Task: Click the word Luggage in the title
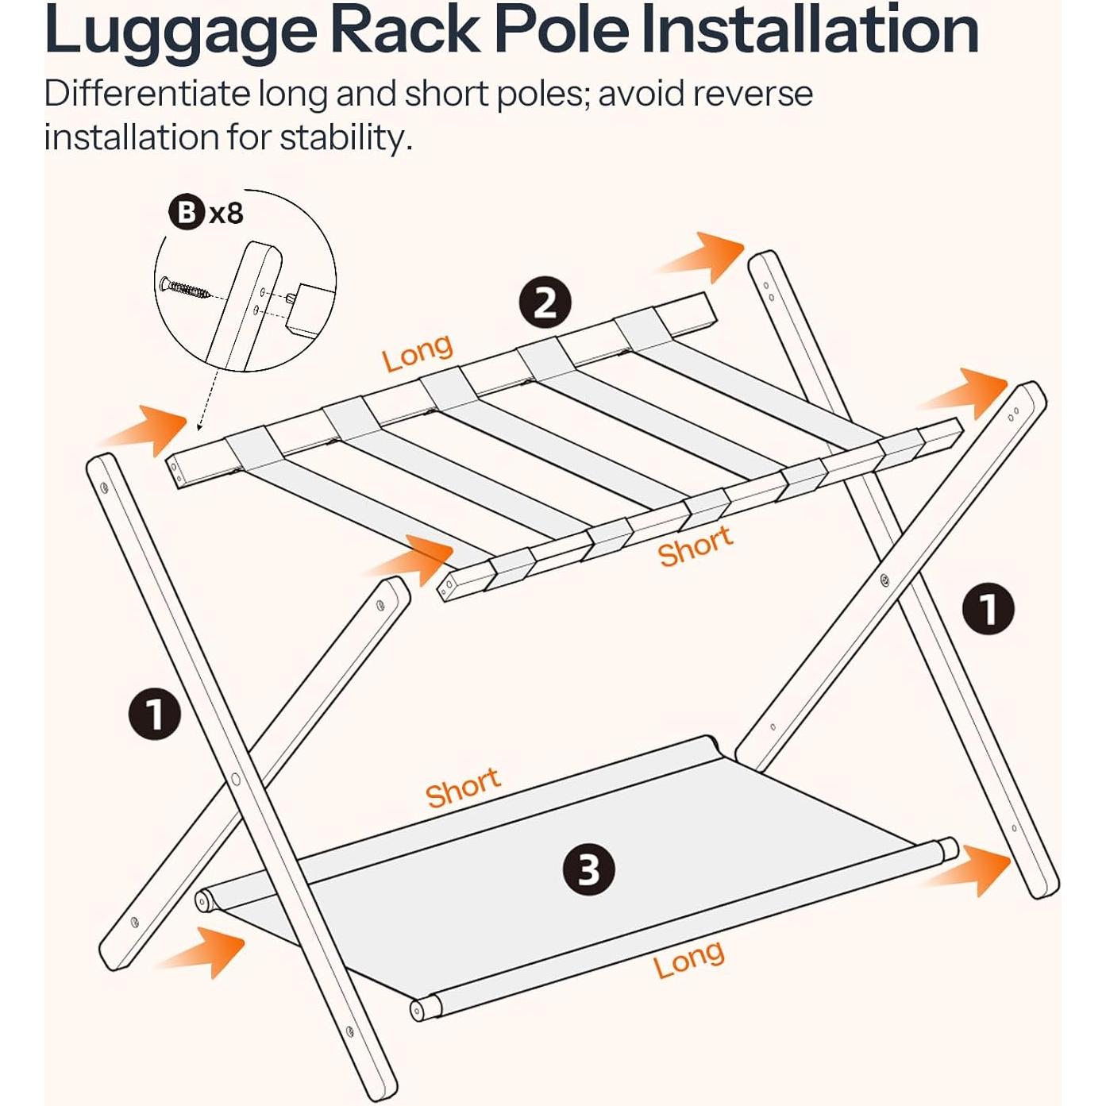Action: click(x=181, y=32)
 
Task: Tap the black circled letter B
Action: click(x=186, y=214)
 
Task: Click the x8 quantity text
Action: click(x=226, y=214)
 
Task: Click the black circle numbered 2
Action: click(x=545, y=303)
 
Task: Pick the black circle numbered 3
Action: click(x=588, y=870)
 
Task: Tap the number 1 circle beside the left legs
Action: click(x=155, y=715)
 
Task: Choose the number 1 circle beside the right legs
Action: click(x=988, y=608)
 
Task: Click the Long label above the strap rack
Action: click(x=418, y=353)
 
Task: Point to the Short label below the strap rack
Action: click(x=695, y=545)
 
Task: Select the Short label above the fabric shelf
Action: click(x=463, y=787)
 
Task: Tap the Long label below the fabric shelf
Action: click(x=688, y=958)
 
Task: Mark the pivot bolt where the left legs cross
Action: click(x=235, y=779)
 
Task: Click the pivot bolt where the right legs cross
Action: click(x=884, y=580)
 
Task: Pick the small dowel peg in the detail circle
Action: click(x=291, y=297)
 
